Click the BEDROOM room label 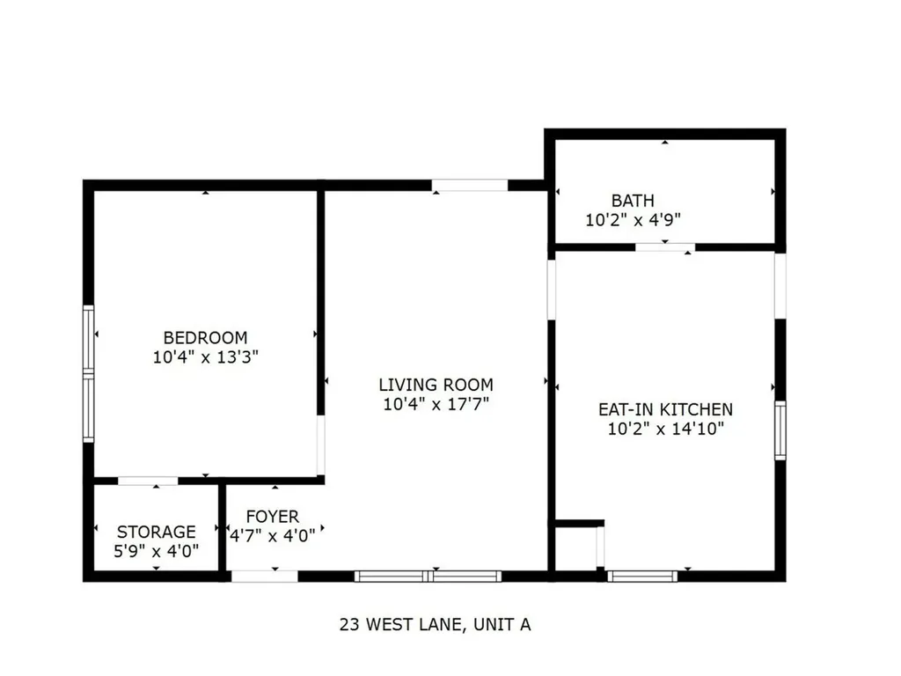click(x=205, y=337)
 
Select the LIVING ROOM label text click(x=436, y=385)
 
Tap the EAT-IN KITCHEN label click(x=665, y=409)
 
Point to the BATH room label click(x=633, y=201)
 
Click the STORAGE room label click(x=157, y=532)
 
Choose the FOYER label click(x=272, y=517)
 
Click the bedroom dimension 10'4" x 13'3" click(x=205, y=357)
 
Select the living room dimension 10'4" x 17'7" click(x=436, y=405)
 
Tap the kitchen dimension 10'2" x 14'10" click(x=665, y=430)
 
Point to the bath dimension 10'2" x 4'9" click(x=634, y=220)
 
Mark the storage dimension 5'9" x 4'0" click(x=157, y=551)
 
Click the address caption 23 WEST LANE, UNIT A click(x=435, y=625)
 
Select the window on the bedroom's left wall click(x=88, y=373)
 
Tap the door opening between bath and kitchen click(x=665, y=247)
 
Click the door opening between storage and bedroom click(x=148, y=481)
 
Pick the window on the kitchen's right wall click(x=780, y=430)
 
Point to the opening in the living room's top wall click(x=469, y=185)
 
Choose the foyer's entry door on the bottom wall click(x=264, y=577)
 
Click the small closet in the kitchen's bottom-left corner click(x=576, y=547)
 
